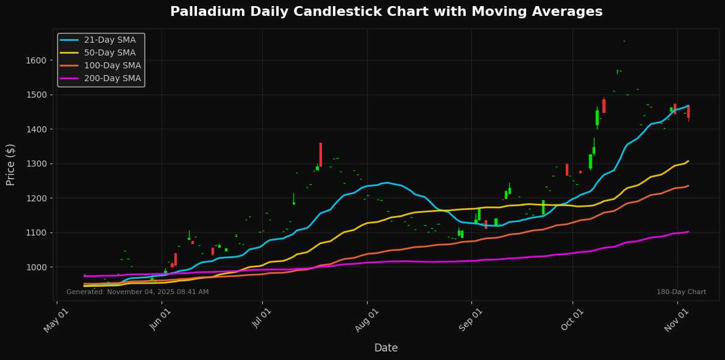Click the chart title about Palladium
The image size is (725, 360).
click(x=386, y=12)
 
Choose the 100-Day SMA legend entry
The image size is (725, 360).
click(x=112, y=65)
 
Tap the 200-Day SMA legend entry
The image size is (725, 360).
click(x=112, y=78)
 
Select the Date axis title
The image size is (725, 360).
click(x=386, y=348)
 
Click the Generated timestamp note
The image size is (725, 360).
click(x=137, y=292)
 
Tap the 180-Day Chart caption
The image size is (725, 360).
click(x=681, y=292)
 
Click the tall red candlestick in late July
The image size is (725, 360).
click(x=320, y=154)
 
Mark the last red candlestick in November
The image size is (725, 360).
click(x=688, y=112)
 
